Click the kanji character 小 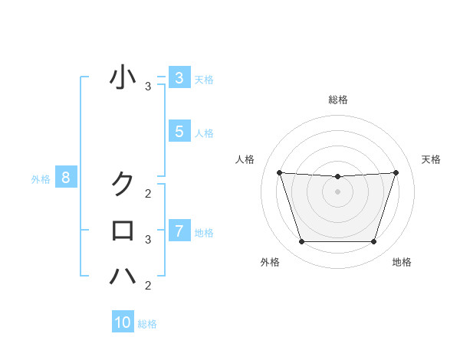pyautogui.click(x=123, y=78)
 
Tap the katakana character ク pyautogui.click(x=123, y=184)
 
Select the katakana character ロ pyautogui.click(x=123, y=230)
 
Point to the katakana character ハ pyautogui.click(x=123, y=275)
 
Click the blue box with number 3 pyautogui.click(x=179, y=78)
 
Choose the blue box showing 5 pyautogui.click(x=179, y=132)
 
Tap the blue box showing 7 pyautogui.click(x=179, y=231)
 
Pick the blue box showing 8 pyautogui.click(x=66, y=178)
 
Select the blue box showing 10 pyautogui.click(x=123, y=322)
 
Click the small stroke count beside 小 pyautogui.click(x=148, y=87)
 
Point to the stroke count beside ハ pyautogui.click(x=148, y=286)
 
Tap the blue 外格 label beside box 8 pyautogui.click(x=41, y=179)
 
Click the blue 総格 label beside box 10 pyautogui.click(x=147, y=324)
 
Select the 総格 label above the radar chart pyautogui.click(x=337, y=100)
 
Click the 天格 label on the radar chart pyautogui.click(x=431, y=159)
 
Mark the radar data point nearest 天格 pyautogui.click(x=396, y=172)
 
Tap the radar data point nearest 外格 pyautogui.click(x=301, y=242)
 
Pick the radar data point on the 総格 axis pyautogui.click(x=337, y=177)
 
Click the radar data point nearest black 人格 pyautogui.click(x=279, y=172)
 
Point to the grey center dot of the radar pyautogui.click(x=337, y=191)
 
